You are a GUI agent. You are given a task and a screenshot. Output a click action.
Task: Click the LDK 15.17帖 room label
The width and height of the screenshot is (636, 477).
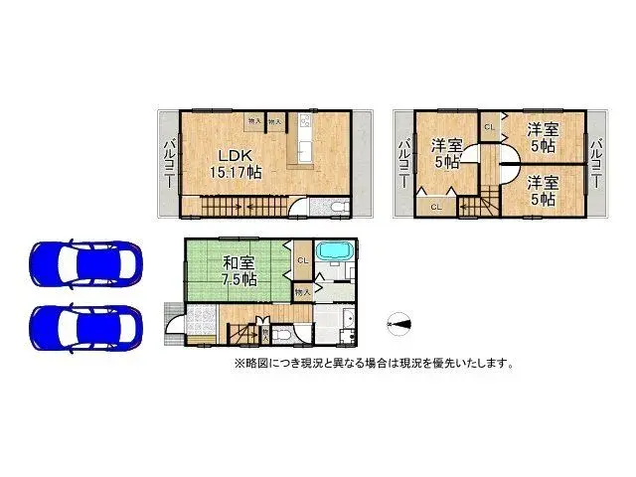pyautogui.click(x=236, y=162)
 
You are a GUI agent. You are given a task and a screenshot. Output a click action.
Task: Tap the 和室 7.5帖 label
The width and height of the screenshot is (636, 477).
pyautogui.click(x=240, y=271)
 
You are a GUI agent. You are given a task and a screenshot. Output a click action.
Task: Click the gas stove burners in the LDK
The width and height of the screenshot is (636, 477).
pyautogui.click(x=305, y=125)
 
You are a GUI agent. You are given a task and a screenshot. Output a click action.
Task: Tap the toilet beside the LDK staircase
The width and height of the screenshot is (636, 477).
pyautogui.click(x=336, y=207)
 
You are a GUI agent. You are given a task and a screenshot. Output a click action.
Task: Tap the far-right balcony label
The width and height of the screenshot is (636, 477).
pyautogui.click(x=595, y=165)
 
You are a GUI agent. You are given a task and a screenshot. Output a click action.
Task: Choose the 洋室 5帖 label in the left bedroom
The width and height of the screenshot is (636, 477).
pyautogui.click(x=443, y=154)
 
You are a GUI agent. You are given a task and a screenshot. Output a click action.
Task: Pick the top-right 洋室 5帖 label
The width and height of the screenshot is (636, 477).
pyautogui.click(x=542, y=136)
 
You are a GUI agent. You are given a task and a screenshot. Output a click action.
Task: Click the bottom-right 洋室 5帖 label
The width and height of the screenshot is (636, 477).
pyautogui.click(x=542, y=190)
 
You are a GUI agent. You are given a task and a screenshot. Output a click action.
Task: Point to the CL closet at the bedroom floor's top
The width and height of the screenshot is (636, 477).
pyautogui.click(x=489, y=127)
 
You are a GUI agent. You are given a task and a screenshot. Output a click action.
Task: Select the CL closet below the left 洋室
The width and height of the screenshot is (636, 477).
pyautogui.click(x=436, y=206)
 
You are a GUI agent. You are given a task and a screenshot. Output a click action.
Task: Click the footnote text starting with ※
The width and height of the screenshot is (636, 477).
pyautogui.click(x=374, y=364)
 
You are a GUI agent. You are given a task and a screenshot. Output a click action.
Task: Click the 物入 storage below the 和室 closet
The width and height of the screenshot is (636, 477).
pyautogui.click(x=303, y=292)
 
